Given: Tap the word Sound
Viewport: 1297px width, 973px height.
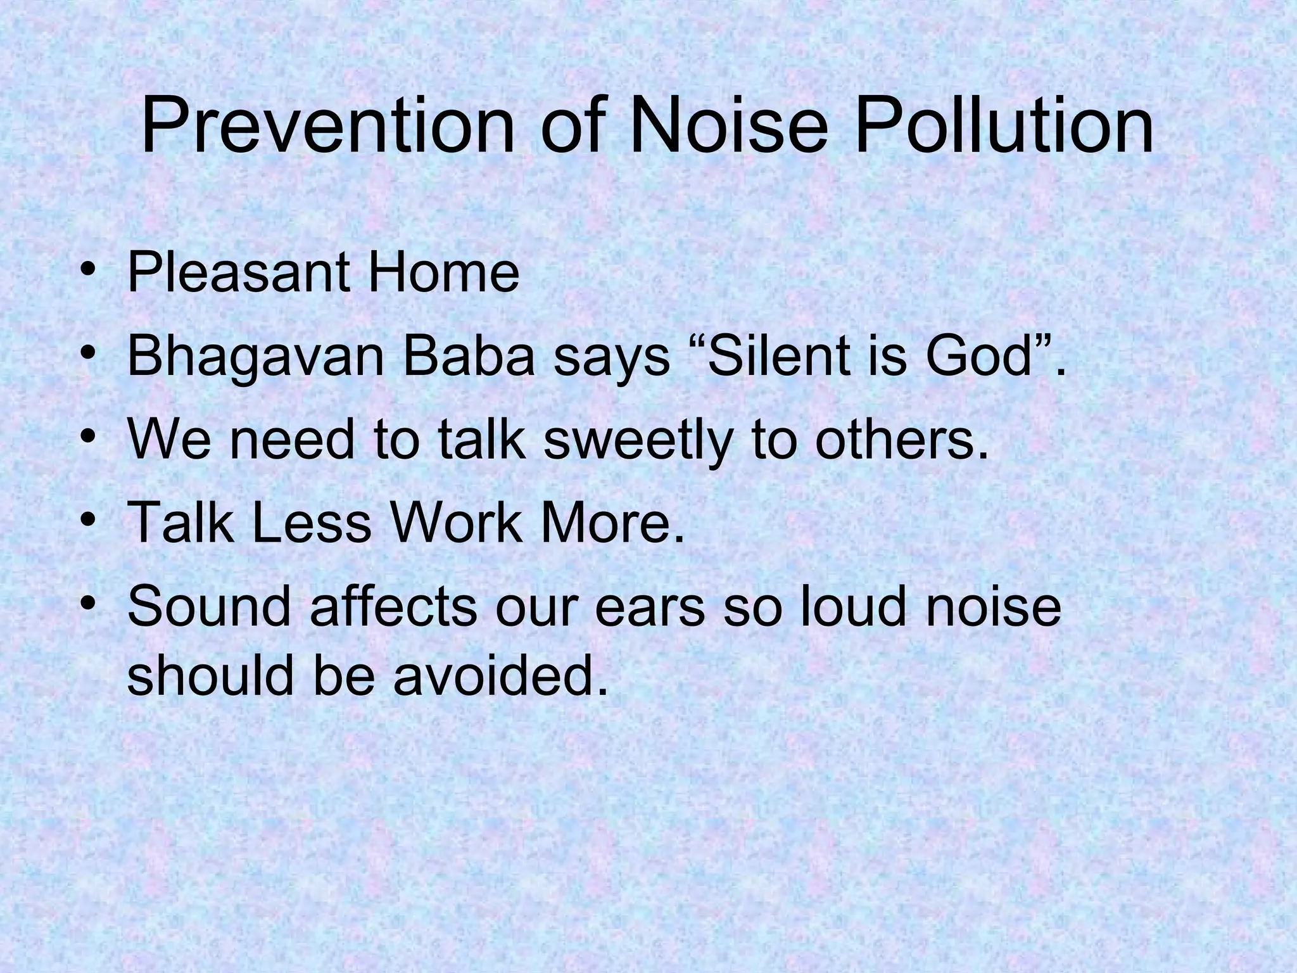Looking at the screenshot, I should tap(209, 607).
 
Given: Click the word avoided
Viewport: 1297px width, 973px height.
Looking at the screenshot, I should tap(496, 675).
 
